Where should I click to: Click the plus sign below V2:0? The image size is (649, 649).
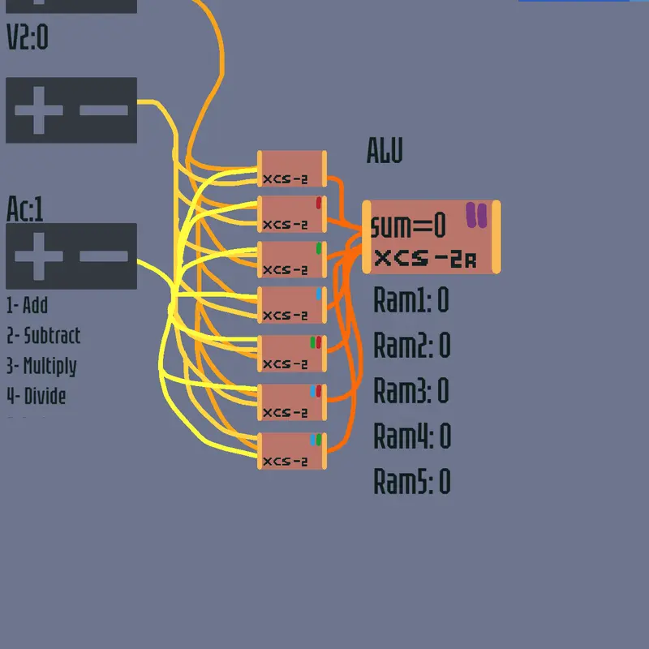pos(39,110)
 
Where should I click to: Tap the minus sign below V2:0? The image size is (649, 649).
pos(104,110)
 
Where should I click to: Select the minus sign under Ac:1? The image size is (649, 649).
pos(104,256)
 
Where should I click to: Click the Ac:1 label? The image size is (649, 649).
pos(25,209)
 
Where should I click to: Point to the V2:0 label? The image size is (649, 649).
pos(28,37)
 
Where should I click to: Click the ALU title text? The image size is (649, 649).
pos(385,151)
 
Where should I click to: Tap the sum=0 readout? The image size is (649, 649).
pos(408,226)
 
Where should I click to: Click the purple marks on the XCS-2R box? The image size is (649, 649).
pos(476,215)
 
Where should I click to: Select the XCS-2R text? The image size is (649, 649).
pos(425,259)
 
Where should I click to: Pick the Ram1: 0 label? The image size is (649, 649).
pos(411,299)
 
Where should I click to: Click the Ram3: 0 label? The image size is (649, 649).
pos(411,390)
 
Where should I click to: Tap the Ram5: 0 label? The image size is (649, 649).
pos(412,481)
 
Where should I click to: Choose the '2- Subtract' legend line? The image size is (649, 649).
pos(44,335)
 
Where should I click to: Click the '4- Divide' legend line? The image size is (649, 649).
pos(37,396)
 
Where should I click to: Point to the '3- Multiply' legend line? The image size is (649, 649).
pos(42,367)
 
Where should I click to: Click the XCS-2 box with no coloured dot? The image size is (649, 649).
pos(292,169)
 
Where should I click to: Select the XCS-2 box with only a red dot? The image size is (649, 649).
pos(292,214)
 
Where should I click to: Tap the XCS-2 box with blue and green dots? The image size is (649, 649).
pos(292,451)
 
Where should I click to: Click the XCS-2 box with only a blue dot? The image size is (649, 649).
pos(292,305)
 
